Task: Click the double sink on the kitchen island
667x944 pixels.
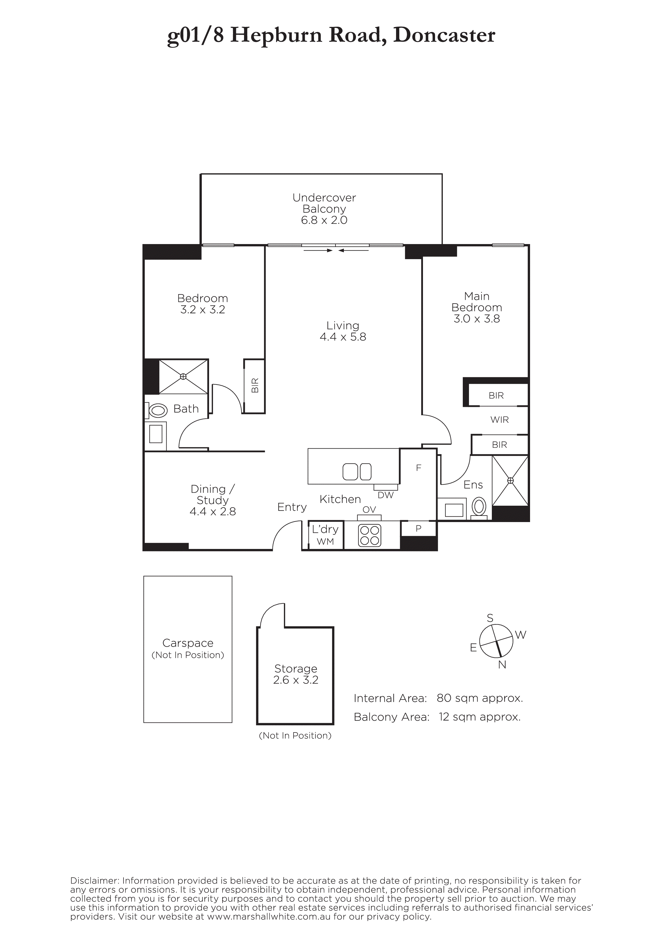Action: [x=357, y=471]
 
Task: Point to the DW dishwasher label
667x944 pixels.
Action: [x=386, y=495]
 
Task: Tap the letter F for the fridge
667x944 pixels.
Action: [x=419, y=468]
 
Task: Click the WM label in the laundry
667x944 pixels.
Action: [x=325, y=542]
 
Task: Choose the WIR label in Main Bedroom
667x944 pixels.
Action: [x=499, y=420]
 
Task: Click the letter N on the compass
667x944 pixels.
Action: [x=502, y=665]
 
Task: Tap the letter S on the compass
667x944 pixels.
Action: [x=490, y=618]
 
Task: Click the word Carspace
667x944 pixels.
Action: [x=188, y=643]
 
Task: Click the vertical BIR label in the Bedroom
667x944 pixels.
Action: [x=255, y=386]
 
